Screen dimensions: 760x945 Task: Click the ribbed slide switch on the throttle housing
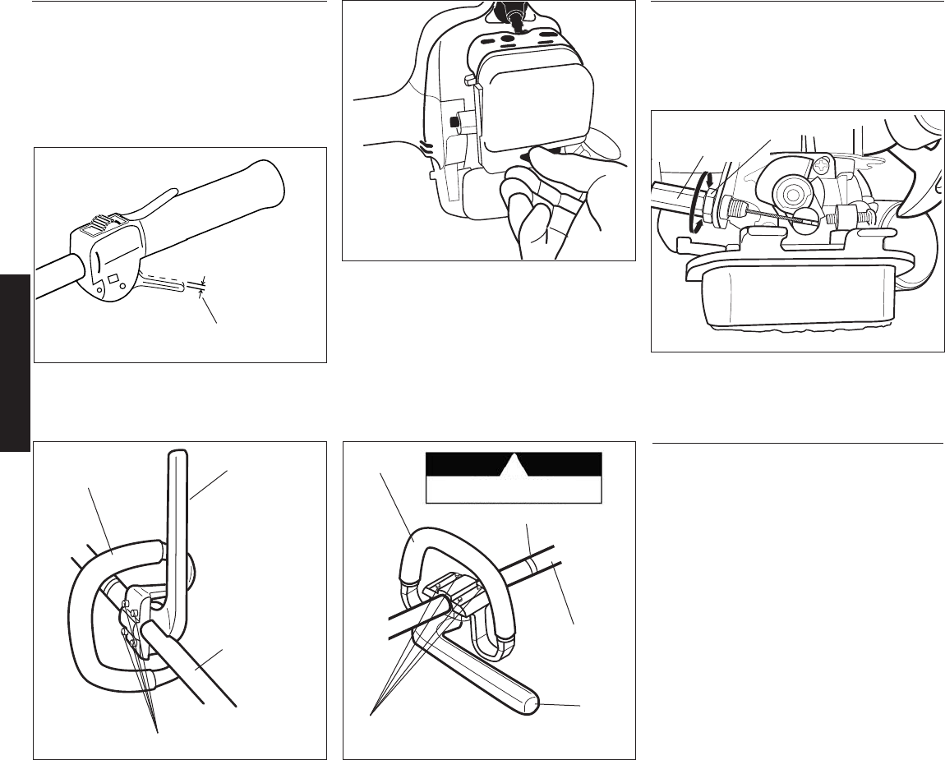pos(104,224)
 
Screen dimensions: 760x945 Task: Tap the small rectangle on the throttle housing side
pos(114,269)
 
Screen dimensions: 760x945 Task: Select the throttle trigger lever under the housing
pos(164,283)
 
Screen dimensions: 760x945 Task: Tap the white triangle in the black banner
pos(513,466)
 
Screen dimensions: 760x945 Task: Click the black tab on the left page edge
pos(15,362)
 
